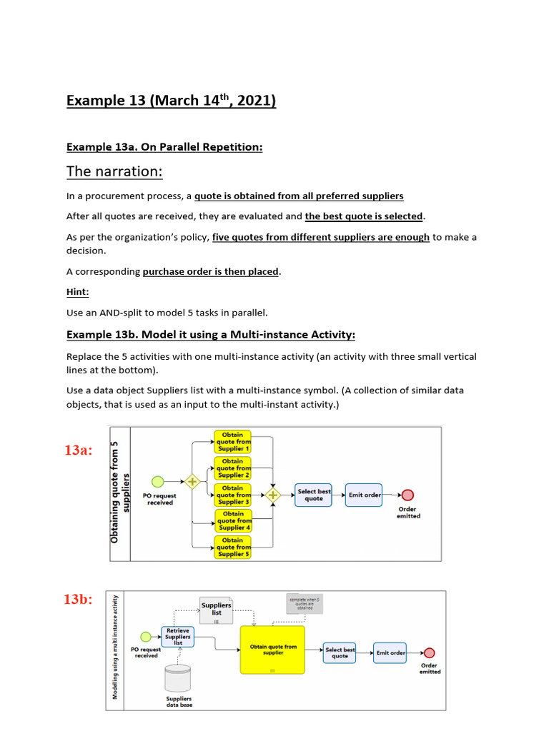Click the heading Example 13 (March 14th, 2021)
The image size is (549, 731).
pyautogui.click(x=171, y=101)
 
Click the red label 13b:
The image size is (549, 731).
pyautogui.click(x=79, y=599)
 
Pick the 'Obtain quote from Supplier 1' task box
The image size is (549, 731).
pyautogui.click(x=232, y=442)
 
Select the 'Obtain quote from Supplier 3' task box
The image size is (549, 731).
pyautogui.click(x=232, y=495)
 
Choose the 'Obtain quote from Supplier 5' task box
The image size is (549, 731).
pyautogui.click(x=232, y=548)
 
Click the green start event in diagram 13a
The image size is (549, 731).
pyautogui.click(x=157, y=482)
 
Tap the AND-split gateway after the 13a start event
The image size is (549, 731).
pyautogui.click(x=192, y=482)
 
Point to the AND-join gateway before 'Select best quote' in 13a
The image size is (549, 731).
pyautogui.click(x=273, y=495)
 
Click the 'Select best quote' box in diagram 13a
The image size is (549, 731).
pyautogui.click(x=314, y=495)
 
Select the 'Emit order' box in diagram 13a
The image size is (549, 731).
pyautogui.click(x=364, y=495)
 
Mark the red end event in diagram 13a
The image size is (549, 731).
pyautogui.click(x=408, y=495)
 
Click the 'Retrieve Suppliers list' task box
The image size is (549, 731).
pyautogui.click(x=178, y=636)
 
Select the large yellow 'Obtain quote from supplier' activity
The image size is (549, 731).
pyautogui.click(x=272, y=650)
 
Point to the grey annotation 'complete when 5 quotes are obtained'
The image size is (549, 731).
pyautogui.click(x=304, y=604)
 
